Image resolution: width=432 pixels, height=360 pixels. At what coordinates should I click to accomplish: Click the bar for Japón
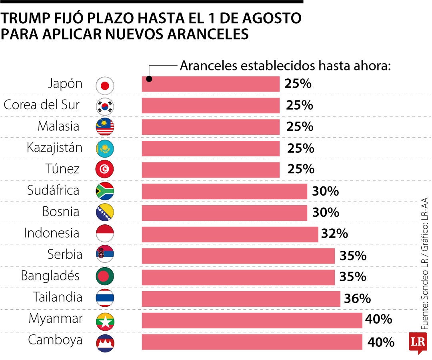(x=211, y=84)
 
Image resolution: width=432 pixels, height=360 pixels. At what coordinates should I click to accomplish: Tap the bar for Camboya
(x=252, y=342)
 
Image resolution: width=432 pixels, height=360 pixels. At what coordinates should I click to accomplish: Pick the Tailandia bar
(x=241, y=298)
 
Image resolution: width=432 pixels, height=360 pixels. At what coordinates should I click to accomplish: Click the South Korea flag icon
(x=105, y=106)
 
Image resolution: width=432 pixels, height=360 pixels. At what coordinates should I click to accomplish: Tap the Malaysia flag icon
(x=105, y=127)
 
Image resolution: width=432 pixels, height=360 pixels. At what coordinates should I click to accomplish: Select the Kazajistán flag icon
(x=105, y=148)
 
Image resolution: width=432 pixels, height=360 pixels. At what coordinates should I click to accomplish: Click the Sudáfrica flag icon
(x=105, y=191)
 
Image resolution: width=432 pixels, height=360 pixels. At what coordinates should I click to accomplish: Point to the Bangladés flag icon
(x=105, y=276)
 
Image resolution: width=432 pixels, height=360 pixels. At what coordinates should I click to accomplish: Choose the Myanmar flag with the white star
(x=105, y=320)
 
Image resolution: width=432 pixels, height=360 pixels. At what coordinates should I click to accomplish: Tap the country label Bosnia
(x=61, y=212)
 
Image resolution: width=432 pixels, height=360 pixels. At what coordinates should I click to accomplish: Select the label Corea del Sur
(x=42, y=105)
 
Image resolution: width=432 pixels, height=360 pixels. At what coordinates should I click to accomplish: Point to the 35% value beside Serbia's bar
(x=353, y=256)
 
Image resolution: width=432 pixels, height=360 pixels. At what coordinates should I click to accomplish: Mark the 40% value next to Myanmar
(x=378, y=319)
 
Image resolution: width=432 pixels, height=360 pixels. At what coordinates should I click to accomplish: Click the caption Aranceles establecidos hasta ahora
(x=285, y=65)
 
